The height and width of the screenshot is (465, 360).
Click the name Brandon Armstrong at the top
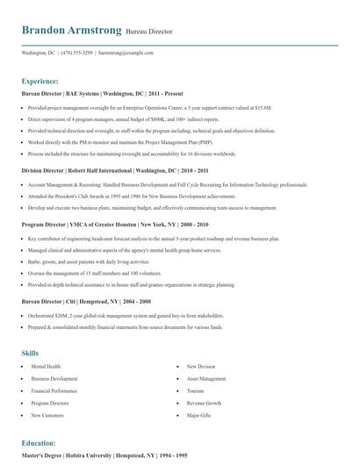click(x=71, y=31)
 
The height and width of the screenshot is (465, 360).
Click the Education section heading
click(x=39, y=443)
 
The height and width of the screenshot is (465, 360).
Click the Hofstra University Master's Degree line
click(x=105, y=456)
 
